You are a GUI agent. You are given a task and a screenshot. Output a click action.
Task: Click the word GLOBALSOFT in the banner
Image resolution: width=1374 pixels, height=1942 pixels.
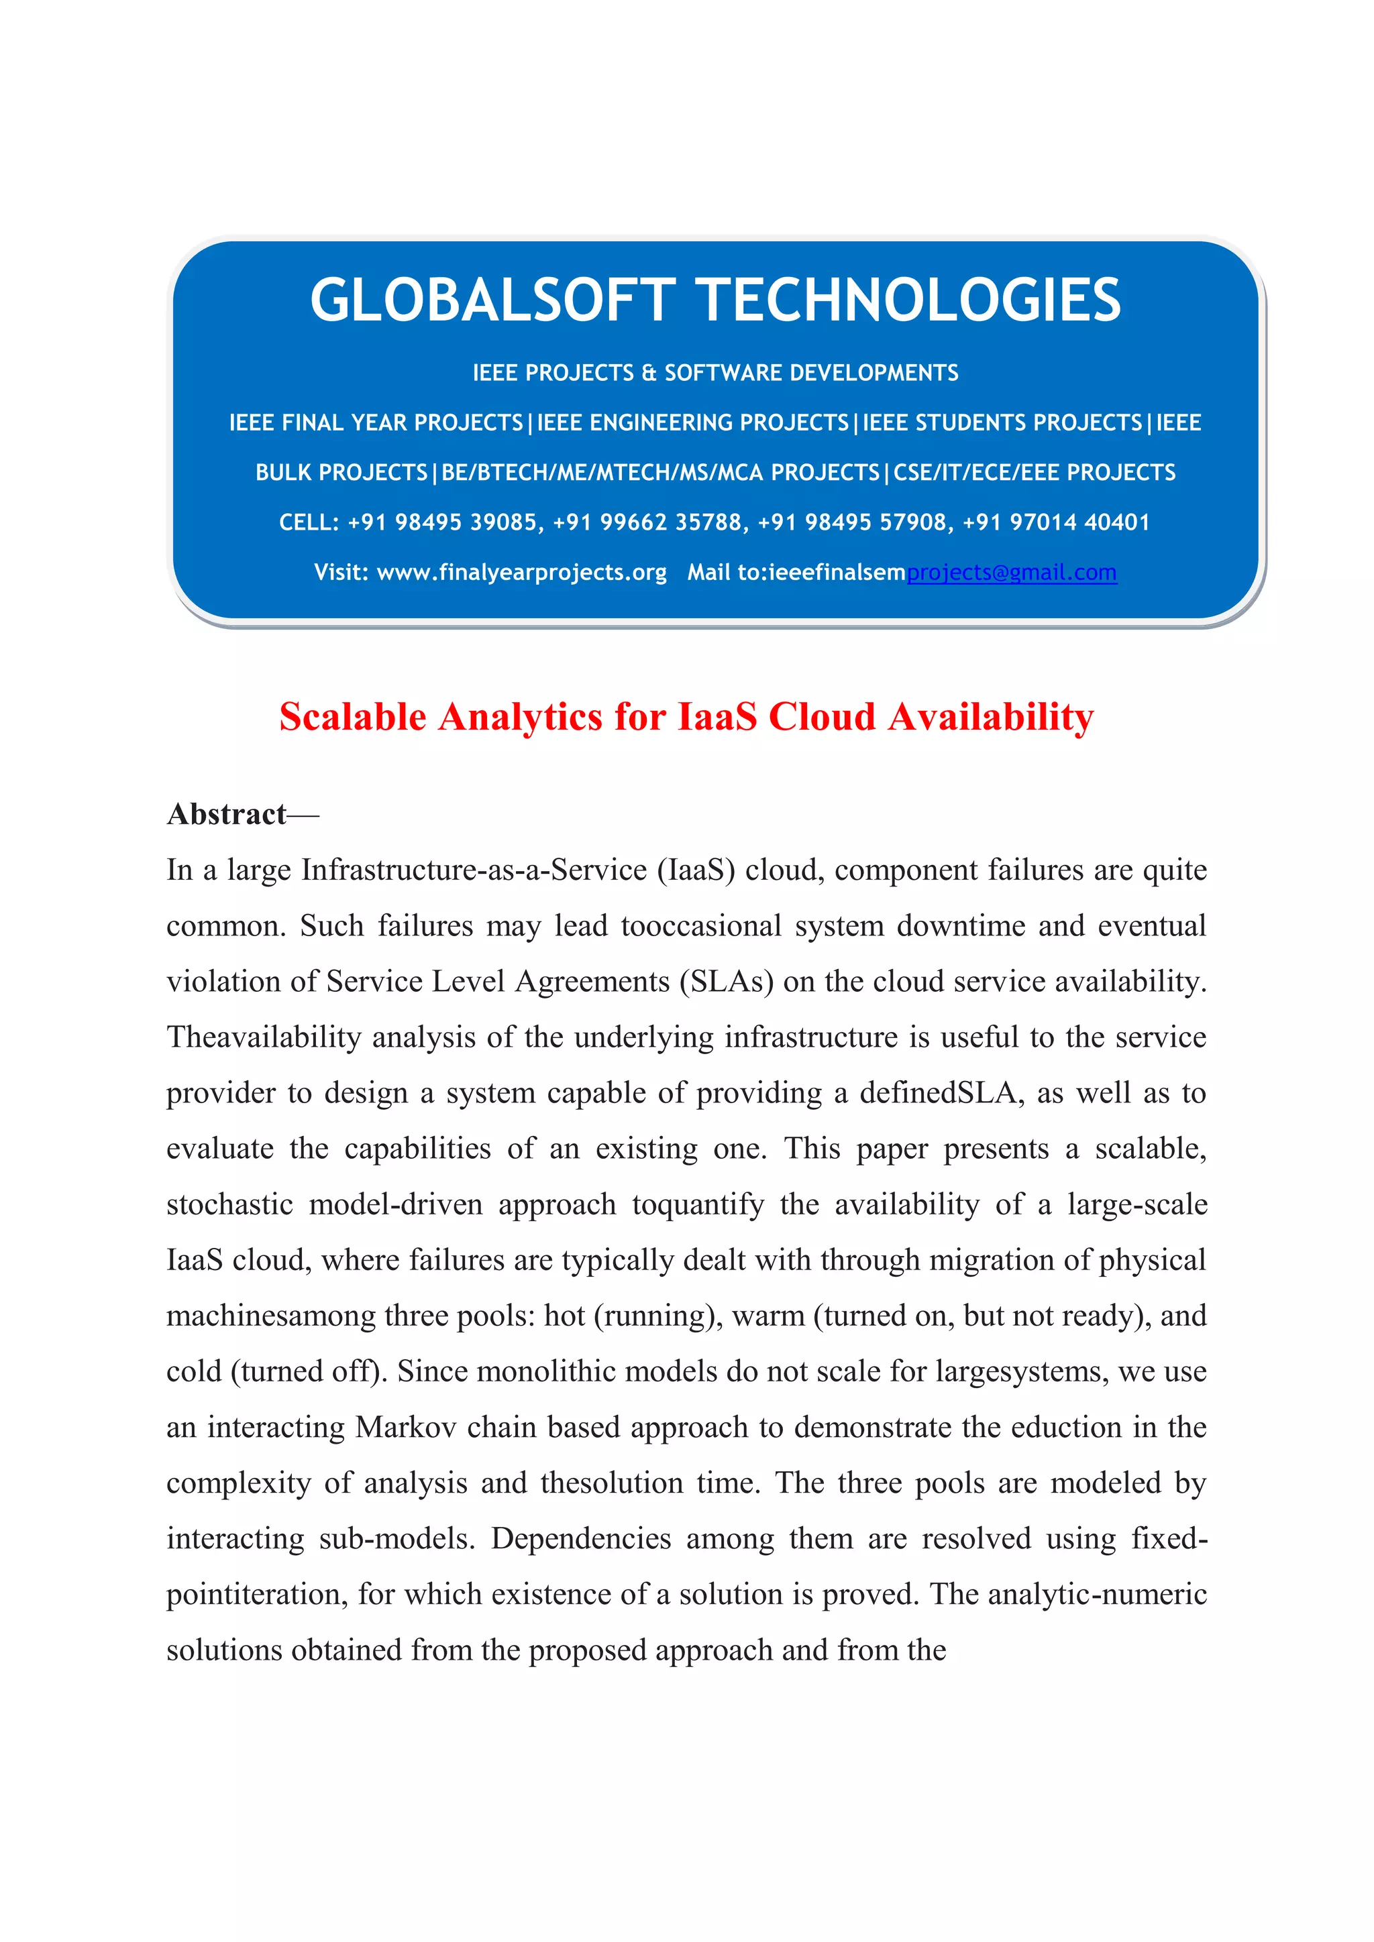492,300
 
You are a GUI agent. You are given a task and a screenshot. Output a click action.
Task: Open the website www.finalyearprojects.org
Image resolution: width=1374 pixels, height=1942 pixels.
521,573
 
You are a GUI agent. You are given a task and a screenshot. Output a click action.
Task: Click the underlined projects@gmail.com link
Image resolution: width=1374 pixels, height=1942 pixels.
1011,573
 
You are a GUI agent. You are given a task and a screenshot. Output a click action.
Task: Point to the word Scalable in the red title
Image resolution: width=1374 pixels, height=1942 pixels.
353,718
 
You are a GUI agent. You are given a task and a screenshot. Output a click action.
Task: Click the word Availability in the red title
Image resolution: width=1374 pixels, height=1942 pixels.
991,718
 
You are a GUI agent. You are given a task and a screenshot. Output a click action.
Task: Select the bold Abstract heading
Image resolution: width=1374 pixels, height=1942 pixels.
227,815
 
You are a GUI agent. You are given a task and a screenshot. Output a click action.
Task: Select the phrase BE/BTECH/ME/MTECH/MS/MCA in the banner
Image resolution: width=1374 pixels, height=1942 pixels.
660,473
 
